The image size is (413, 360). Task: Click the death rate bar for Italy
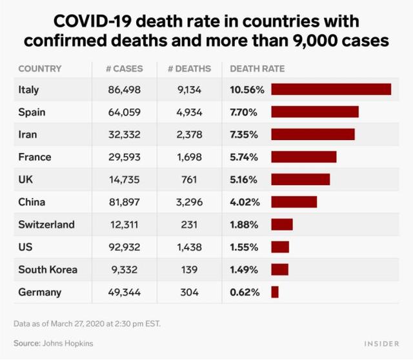pos(331,89)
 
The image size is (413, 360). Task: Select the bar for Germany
pos(275,292)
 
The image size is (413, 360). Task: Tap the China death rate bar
pos(294,202)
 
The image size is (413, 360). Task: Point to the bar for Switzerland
pos(282,225)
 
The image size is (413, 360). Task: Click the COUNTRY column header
pos(40,68)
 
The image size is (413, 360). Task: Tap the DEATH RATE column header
pos(257,68)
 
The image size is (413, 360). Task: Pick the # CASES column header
pos(125,68)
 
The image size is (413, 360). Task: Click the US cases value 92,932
pos(125,247)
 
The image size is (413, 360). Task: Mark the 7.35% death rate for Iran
pos(245,134)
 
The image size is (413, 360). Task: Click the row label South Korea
pos(48,270)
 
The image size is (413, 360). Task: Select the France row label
pos(35,157)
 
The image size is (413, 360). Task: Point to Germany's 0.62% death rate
pos(245,292)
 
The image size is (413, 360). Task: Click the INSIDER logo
pos(381,344)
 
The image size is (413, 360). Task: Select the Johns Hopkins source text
pos(69,343)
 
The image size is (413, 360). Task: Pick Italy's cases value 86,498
pos(125,90)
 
